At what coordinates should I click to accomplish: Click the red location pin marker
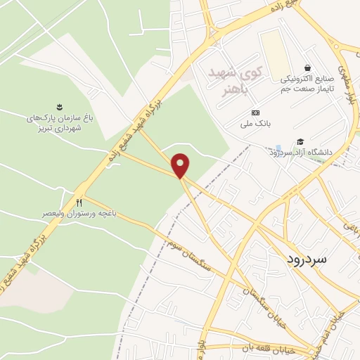pos(181,165)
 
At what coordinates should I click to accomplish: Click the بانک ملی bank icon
pos(255,113)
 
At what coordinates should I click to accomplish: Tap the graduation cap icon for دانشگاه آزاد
pos(301,142)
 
